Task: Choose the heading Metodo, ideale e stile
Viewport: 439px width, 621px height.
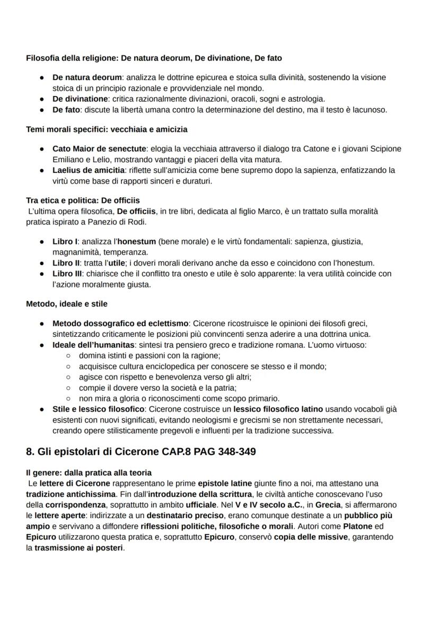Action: tap(67, 304)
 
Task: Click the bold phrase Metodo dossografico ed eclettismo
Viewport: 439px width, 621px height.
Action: tap(120, 323)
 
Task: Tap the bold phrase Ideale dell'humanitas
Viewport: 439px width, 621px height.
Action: tap(94, 345)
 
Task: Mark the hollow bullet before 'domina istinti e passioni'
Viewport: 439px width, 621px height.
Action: tap(68, 356)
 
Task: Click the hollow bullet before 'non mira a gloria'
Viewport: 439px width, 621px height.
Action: tap(68, 399)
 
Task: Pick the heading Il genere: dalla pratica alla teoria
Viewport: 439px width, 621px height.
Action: tap(89, 473)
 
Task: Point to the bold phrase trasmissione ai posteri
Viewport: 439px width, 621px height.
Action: tap(79, 548)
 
